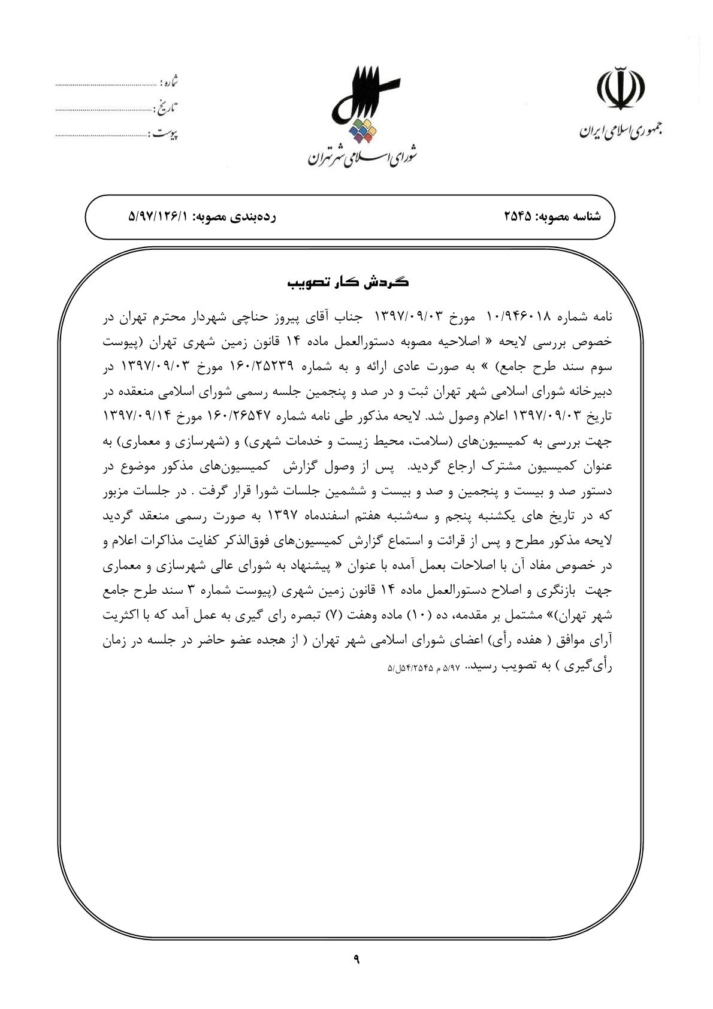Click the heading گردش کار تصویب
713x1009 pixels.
349,282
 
